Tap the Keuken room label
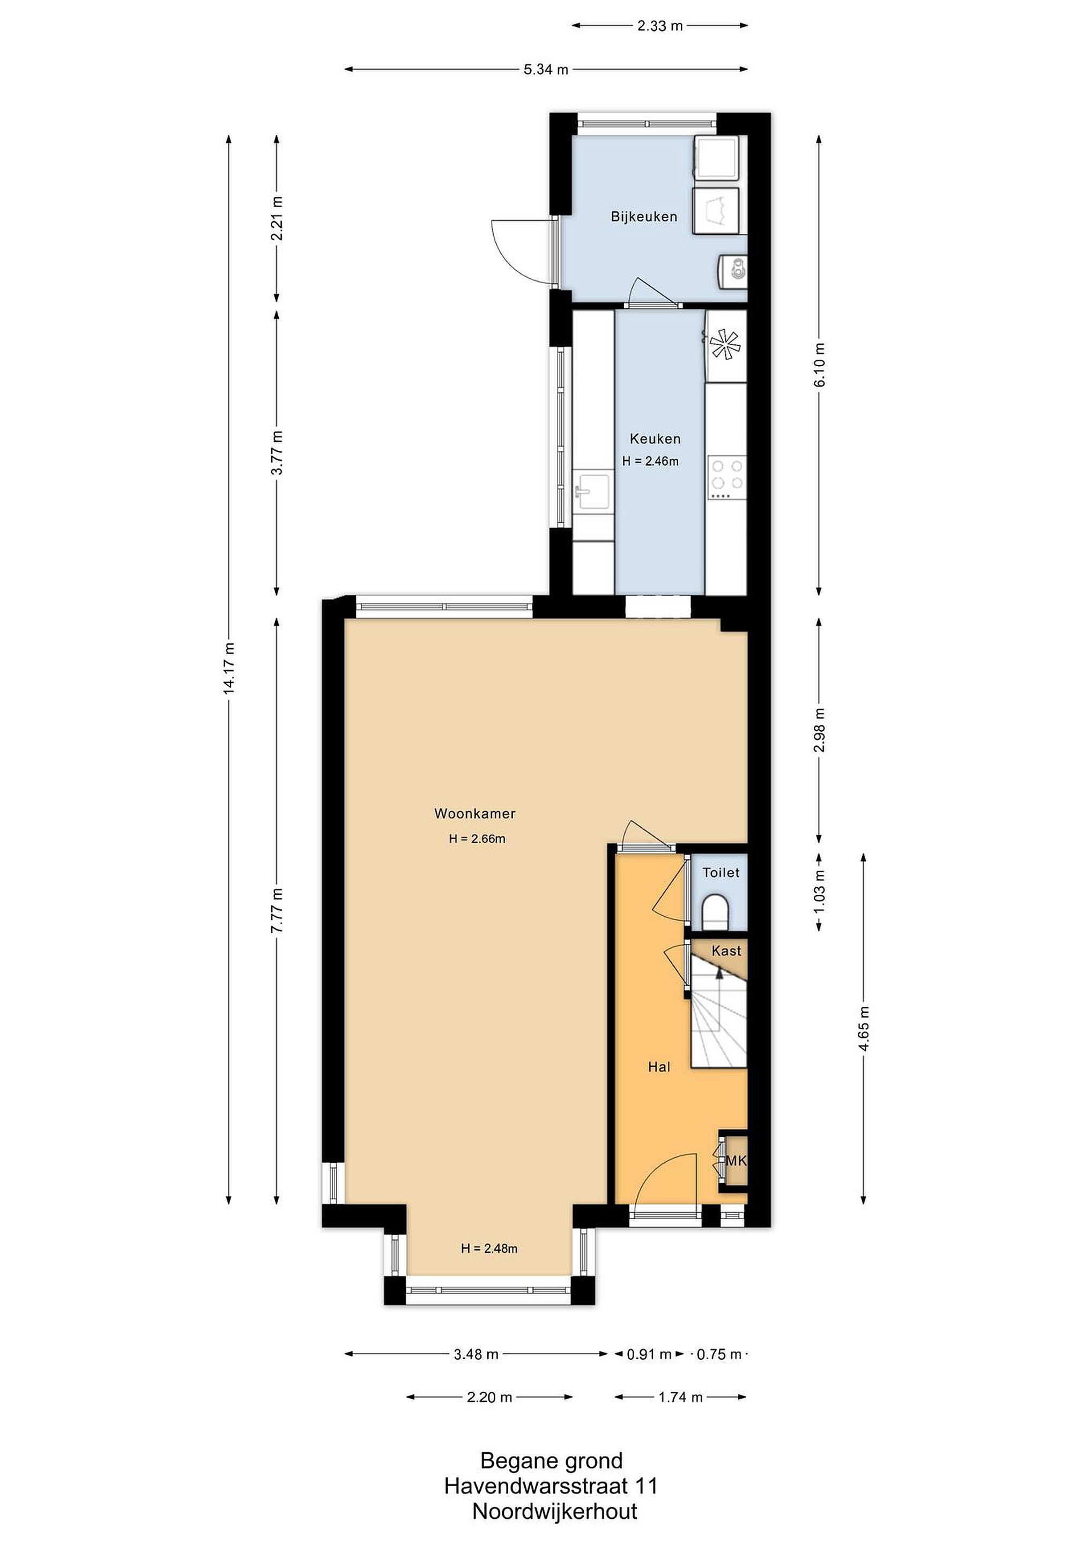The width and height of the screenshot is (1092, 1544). (655, 439)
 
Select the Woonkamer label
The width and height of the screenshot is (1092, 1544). (475, 814)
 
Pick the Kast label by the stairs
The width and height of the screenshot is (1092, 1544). (726, 951)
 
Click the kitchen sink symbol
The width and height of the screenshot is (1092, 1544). (592, 492)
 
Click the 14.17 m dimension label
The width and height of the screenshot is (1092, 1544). (229, 669)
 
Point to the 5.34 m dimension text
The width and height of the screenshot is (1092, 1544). (546, 69)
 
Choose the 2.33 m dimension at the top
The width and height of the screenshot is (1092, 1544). (659, 26)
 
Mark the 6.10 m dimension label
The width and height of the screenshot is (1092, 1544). (819, 365)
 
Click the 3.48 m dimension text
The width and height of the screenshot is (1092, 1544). (476, 1354)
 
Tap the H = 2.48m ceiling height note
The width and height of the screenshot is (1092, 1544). (489, 1249)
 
